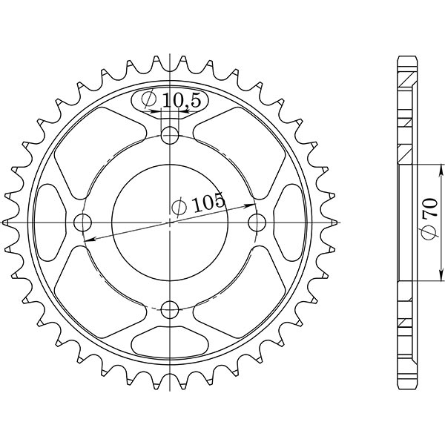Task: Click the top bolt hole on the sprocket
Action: (171, 135)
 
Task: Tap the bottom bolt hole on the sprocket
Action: (171, 309)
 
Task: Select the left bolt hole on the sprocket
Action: (84, 222)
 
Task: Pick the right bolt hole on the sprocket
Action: (257, 222)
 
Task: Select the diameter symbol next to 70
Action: (429, 234)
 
